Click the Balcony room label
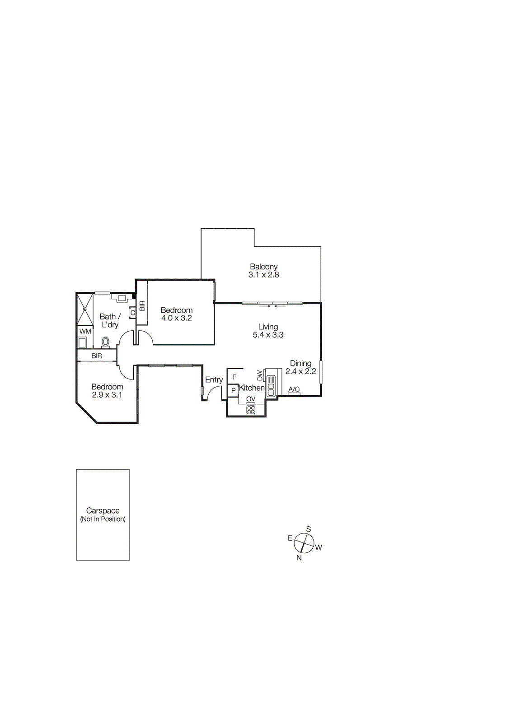[263, 267]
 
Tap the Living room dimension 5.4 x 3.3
[268, 335]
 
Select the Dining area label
[300, 363]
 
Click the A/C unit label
[294, 389]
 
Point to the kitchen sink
[271, 386]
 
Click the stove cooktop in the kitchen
[251, 410]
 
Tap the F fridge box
[234, 377]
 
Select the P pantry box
[233, 390]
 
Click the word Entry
[214, 380]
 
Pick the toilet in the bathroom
[106, 342]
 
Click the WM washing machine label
[85, 331]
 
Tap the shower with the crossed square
[85, 309]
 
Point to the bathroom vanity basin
[122, 298]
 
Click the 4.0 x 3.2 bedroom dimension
[177, 318]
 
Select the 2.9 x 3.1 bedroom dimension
[107, 395]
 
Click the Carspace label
[103, 511]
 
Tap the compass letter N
[299, 558]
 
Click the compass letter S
[309, 529]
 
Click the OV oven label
[251, 399]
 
